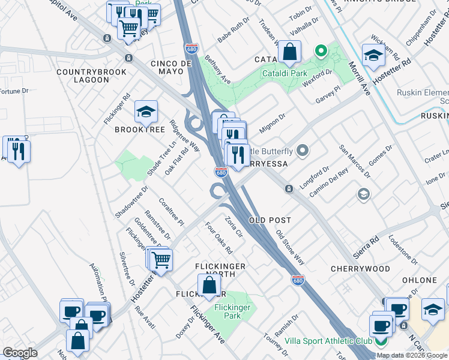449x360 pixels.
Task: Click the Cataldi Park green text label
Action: pyautogui.click(x=284, y=74)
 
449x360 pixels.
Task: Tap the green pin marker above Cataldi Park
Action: pyautogui.click(x=321, y=52)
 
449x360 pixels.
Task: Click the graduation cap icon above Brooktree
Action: pyautogui.click(x=145, y=112)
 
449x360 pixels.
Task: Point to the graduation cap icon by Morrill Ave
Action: pyautogui.click(x=373, y=56)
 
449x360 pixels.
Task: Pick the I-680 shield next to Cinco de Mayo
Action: pyautogui.click(x=191, y=48)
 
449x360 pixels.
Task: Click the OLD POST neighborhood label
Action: pyautogui.click(x=274, y=220)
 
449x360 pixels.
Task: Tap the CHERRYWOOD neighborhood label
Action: pyautogui.click(x=360, y=269)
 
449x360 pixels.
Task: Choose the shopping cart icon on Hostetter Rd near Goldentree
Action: pyautogui.click(x=160, y=260)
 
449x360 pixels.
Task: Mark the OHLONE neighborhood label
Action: pyautogui.click(x=420, y=280)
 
